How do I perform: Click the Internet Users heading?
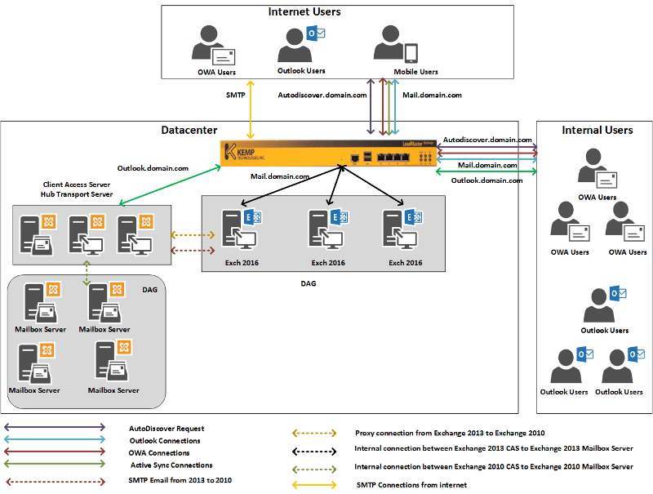coord(304,12)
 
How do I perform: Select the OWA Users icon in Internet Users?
coord(214,46)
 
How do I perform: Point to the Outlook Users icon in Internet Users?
coord(301,44)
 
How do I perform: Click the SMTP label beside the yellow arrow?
coord(235,96)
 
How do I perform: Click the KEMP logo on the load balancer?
coord(242,152)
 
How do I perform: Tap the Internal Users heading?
coord(597,130)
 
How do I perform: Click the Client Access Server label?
coord(77,185)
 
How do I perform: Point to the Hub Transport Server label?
coord(77,195)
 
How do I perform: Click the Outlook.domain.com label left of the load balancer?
coord(153,168)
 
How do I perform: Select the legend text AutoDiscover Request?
coord(167,428)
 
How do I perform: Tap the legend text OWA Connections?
coord(159,452)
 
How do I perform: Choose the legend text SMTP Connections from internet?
coord(412,485)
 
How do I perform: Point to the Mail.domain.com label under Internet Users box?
coord(432,96)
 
